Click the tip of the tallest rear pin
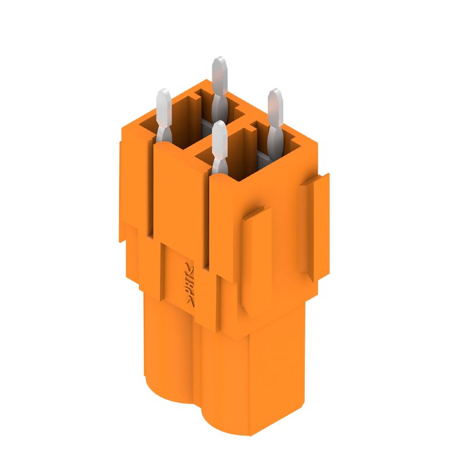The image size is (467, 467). click(x=219, y=60)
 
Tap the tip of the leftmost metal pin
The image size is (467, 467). click(x=164, y=92)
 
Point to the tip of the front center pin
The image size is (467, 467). click(x=219, y=124)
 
